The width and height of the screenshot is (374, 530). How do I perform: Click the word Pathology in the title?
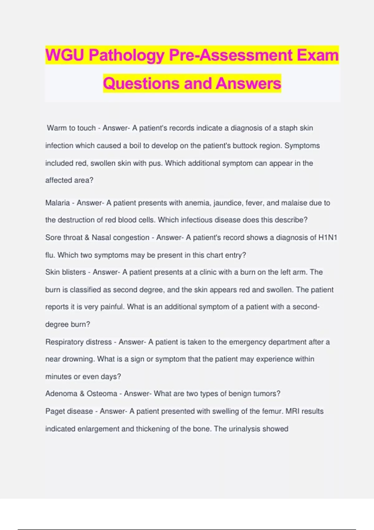pos(126,55)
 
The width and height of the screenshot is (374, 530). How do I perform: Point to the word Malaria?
pos(57,203)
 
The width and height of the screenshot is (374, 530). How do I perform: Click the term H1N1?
pos(328,238)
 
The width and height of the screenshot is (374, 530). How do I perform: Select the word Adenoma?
pos(61,394)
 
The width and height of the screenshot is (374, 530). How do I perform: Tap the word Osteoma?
pos(102,394)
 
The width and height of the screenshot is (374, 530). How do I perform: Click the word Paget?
pos(55,412)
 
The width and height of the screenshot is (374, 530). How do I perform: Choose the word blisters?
pos(74,272)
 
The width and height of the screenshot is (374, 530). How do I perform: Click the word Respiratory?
pos(63,342)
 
